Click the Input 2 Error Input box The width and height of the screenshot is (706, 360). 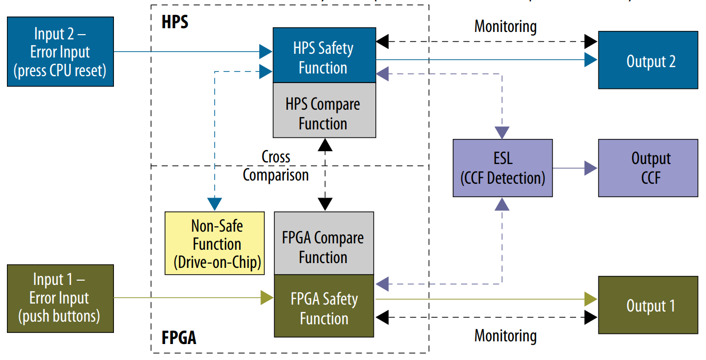point(60,52)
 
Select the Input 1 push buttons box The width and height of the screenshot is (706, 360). point(60,298)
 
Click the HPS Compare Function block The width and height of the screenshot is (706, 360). point(324,113)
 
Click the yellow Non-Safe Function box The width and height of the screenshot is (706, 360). point(215,243)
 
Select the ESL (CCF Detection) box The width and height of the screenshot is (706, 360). point(503,168)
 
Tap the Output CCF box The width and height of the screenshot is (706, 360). point(648,168)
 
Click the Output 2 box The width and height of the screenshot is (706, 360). point(648,60)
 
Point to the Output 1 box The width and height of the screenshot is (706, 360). point(648,305)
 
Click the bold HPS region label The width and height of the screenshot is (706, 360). point(175,22)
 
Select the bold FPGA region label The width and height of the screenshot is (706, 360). point(178,337)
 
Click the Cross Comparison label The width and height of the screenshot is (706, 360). point(276,166)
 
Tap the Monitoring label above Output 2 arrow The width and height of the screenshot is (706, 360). point(505,26)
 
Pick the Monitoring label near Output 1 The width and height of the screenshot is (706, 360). point(505,336)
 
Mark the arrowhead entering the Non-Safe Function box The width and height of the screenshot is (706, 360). point(215,204)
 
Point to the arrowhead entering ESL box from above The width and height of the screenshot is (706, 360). point(503,133)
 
